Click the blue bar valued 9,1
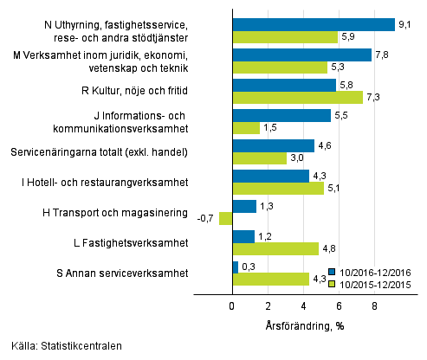point(314,24)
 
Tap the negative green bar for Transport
point(226,218)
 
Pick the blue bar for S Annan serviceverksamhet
point(235,267)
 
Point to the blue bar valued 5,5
point(281,115)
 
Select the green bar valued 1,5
point(246,127)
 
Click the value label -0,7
point(207,218)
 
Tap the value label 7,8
point(382,55)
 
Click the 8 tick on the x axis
point(375,305)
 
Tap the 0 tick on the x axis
point(232,305)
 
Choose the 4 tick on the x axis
point(304,305)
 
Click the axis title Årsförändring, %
point(303,325)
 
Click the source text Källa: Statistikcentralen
point(61,346)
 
